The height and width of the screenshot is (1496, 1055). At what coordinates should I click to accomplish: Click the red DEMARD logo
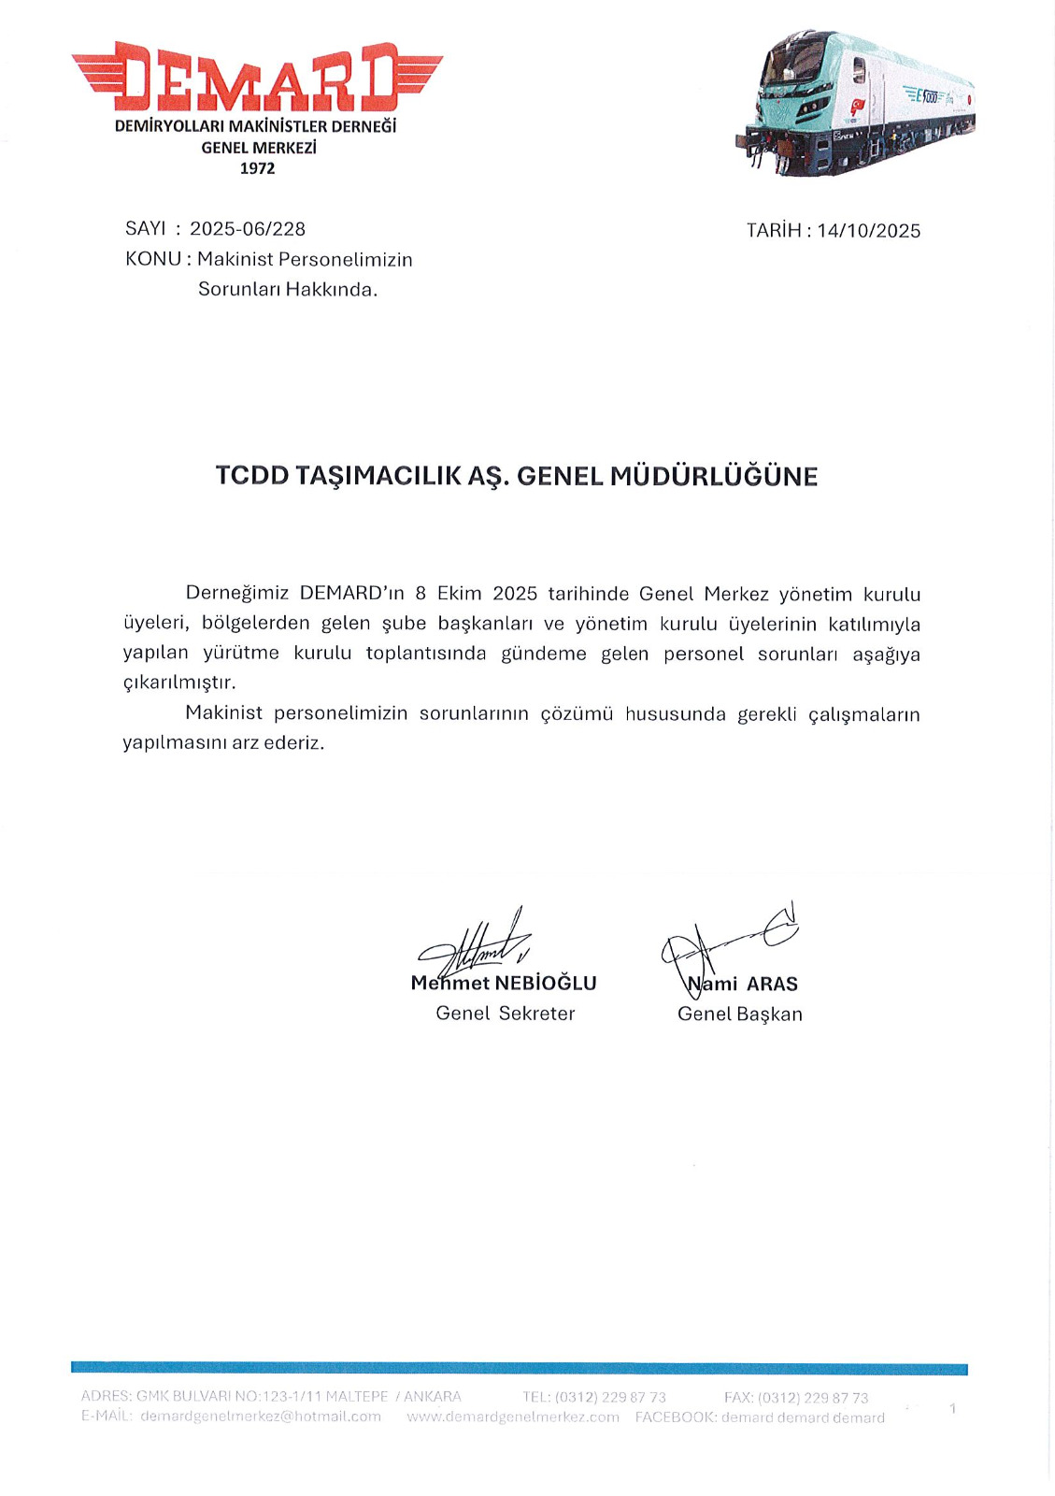coord(257,77)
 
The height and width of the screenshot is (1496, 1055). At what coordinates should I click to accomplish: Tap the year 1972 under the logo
coord(257,168)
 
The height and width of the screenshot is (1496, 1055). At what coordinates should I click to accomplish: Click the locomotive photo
coord(855,103)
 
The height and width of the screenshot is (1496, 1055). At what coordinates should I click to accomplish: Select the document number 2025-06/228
coord(248,229)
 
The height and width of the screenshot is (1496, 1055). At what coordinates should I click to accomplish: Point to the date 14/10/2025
coord(868,231)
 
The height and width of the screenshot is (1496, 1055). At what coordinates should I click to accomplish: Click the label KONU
coord(153,259)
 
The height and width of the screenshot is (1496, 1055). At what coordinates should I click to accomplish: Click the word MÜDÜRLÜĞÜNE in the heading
coord(714,477)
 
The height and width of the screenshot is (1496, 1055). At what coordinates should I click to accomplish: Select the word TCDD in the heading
coord(252,476)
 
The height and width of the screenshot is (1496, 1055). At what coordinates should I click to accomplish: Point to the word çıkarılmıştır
coord(179,683)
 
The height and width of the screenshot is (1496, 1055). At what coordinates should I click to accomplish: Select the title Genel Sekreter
coord(506,1014)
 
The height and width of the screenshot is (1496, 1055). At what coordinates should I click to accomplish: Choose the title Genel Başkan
coord(740,1014)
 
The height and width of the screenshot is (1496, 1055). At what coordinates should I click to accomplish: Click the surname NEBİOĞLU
coord(546,984)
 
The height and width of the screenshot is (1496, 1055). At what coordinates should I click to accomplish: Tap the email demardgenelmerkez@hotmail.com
coord(261,1417)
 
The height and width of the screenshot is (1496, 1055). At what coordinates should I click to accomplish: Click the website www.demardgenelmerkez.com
coord(513,1417)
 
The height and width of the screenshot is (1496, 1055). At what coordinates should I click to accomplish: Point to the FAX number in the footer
coord(812,1398)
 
